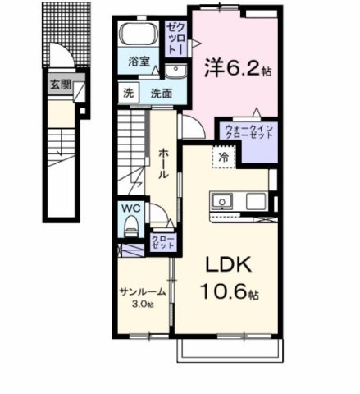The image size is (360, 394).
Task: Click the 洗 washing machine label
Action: point(128,93)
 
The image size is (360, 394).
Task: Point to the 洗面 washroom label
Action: point(160,93)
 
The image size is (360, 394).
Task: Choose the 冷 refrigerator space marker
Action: point(223,155)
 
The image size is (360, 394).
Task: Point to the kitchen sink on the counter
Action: point(223,202)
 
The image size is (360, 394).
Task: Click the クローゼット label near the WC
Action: point(162,243)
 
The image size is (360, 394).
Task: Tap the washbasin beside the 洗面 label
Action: point(175,71)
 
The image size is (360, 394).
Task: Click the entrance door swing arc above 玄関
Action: point(59,57)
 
